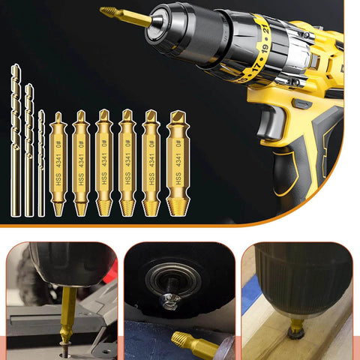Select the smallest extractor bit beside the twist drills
[x=58, y=165]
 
